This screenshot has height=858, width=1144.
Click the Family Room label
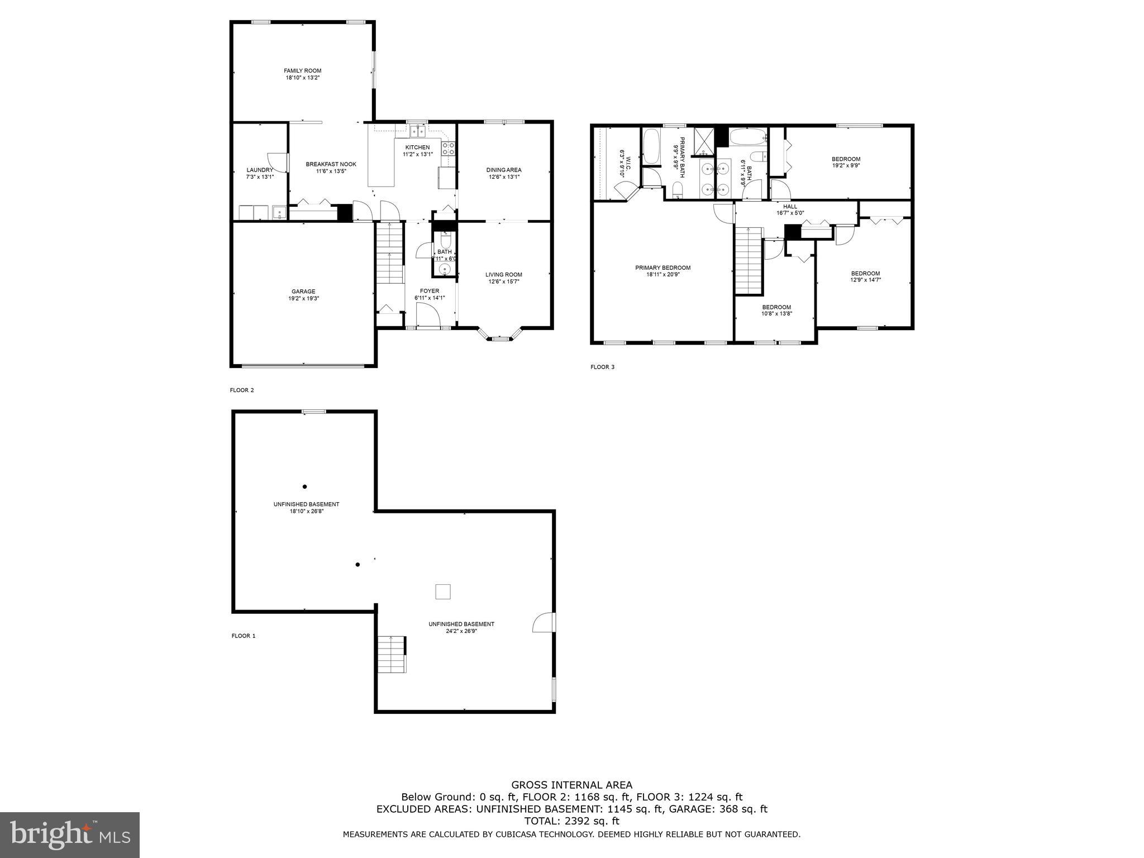point(302,71)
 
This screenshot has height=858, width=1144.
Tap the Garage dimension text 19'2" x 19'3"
point(303,299)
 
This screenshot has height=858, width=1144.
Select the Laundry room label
point(260,170)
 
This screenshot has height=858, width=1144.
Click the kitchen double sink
point(417,132)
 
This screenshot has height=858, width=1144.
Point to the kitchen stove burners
point(449,149)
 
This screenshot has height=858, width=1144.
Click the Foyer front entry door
point(428,317)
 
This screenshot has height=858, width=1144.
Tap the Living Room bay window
point(500,335)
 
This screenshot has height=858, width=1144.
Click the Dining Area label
point(503,170)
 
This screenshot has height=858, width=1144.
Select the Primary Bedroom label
point(662,268)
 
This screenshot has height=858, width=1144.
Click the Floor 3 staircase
point(749,260)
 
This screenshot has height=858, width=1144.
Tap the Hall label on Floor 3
point(790,207)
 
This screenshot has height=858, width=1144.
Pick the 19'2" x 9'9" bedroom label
point(846,159)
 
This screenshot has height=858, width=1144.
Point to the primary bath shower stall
point(703,141)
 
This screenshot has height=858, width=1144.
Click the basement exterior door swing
point(544,622)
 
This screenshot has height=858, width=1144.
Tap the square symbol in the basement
point(442,592)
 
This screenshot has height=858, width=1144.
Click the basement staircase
point(390,654)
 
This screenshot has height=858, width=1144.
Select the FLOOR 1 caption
point(243,636)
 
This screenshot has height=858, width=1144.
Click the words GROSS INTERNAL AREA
point(571,785)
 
